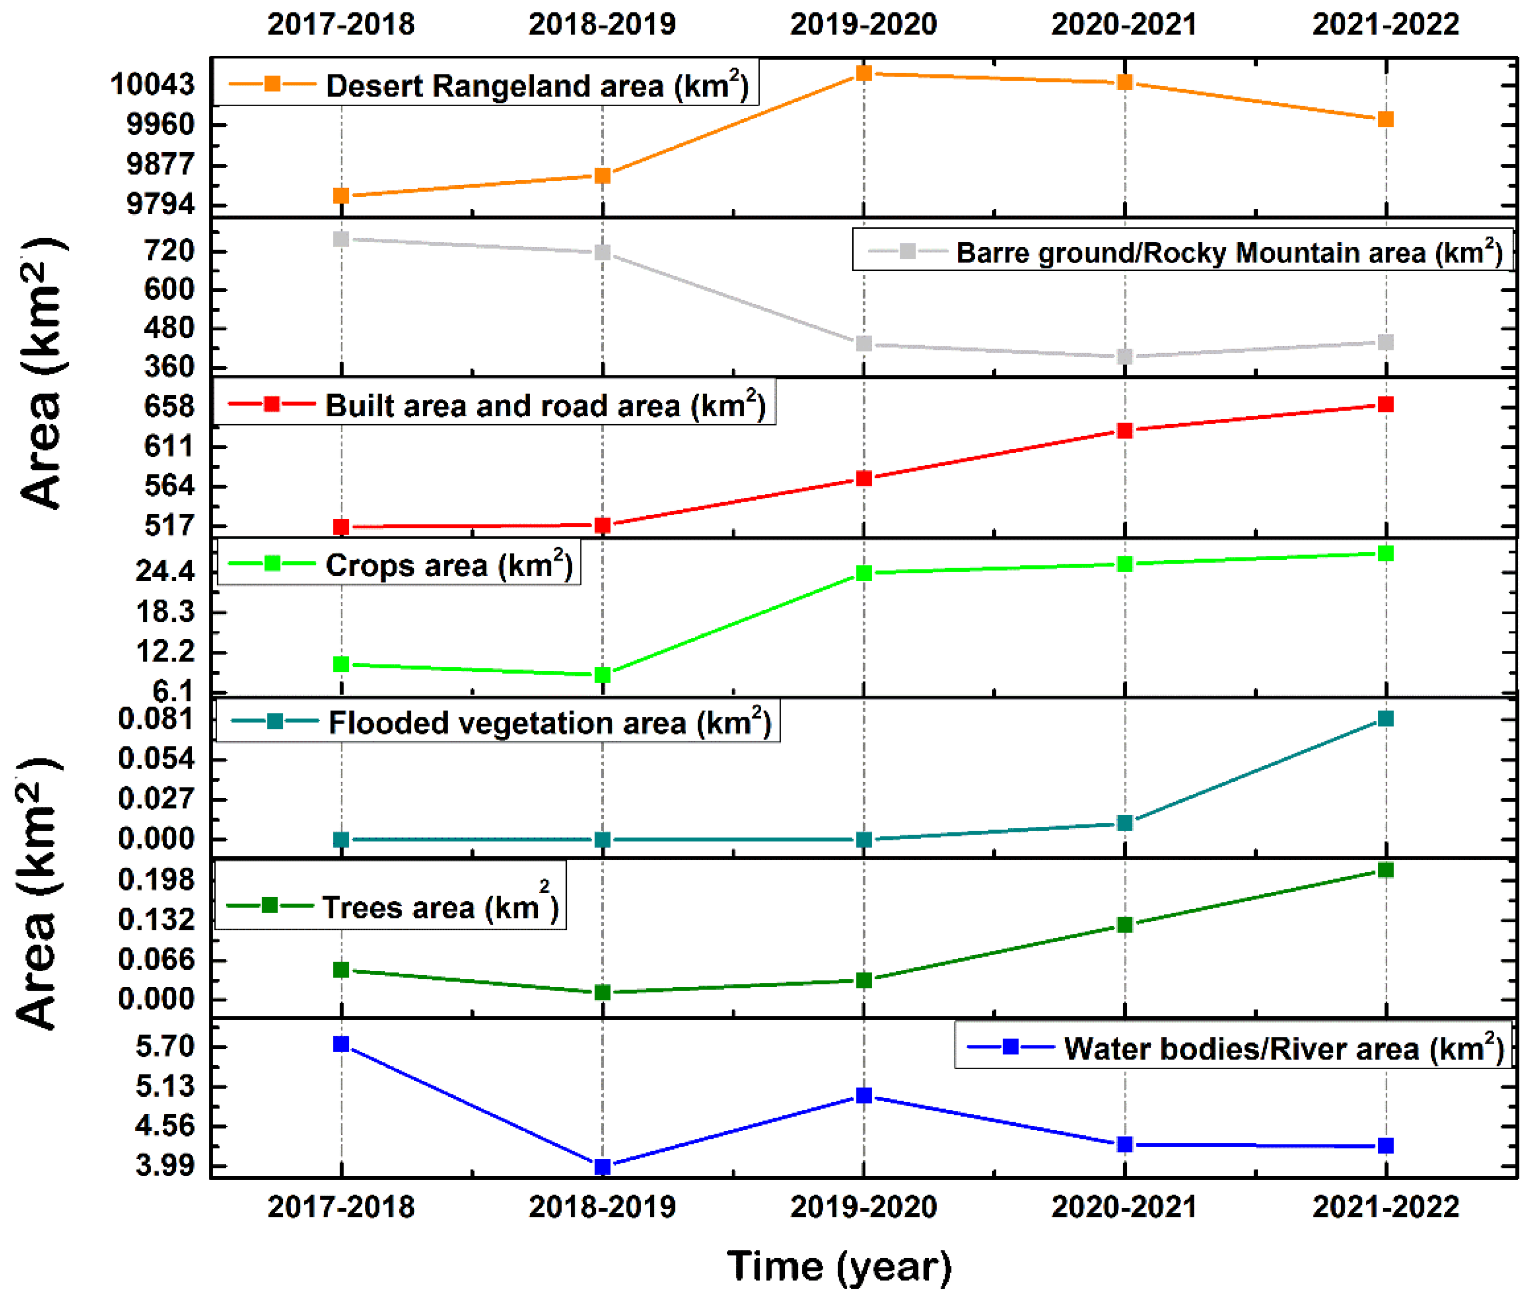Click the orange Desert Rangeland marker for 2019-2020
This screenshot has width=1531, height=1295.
864,73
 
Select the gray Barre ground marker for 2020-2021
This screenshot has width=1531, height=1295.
1125,357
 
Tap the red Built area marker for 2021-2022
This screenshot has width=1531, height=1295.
1386,405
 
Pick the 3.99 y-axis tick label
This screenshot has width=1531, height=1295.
166,1166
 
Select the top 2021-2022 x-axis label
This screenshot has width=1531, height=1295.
1386,24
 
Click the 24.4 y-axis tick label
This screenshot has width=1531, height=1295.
166,571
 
